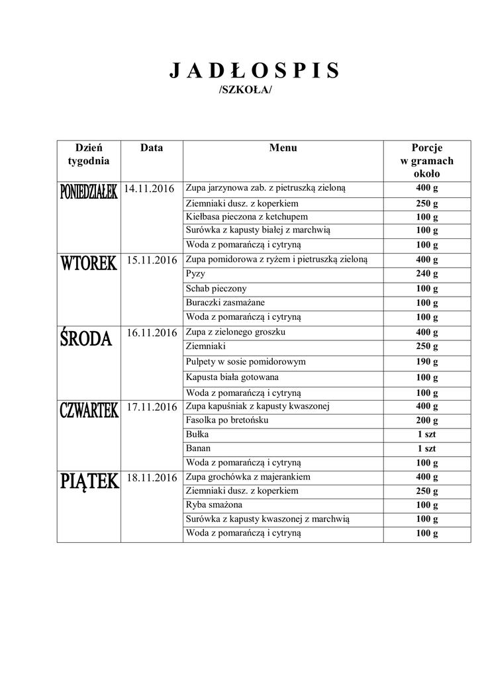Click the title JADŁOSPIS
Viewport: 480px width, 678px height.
[x=254, y=70]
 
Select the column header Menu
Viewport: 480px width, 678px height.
[x=283, y=148]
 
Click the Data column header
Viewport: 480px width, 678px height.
[x=152, y=148]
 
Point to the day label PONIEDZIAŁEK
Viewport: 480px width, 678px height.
[x=88, y=191]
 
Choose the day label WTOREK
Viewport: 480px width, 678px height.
[x=88, y=263]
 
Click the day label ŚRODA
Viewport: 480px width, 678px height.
[x=86, y=338]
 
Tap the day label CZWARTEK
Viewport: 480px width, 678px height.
[x=88, y=410]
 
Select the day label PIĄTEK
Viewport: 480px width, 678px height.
[x=89, y=481]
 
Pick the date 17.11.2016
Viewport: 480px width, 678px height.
[x=151, y=407]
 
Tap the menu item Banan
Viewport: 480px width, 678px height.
[x=199, y=448]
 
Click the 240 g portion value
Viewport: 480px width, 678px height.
[x=426, y=274]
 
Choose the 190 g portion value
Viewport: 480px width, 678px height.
[x=426, y=362]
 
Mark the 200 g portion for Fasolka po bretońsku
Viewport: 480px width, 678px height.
[x=426, y=420]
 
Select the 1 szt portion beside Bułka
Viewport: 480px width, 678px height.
[x=426, y=434]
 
